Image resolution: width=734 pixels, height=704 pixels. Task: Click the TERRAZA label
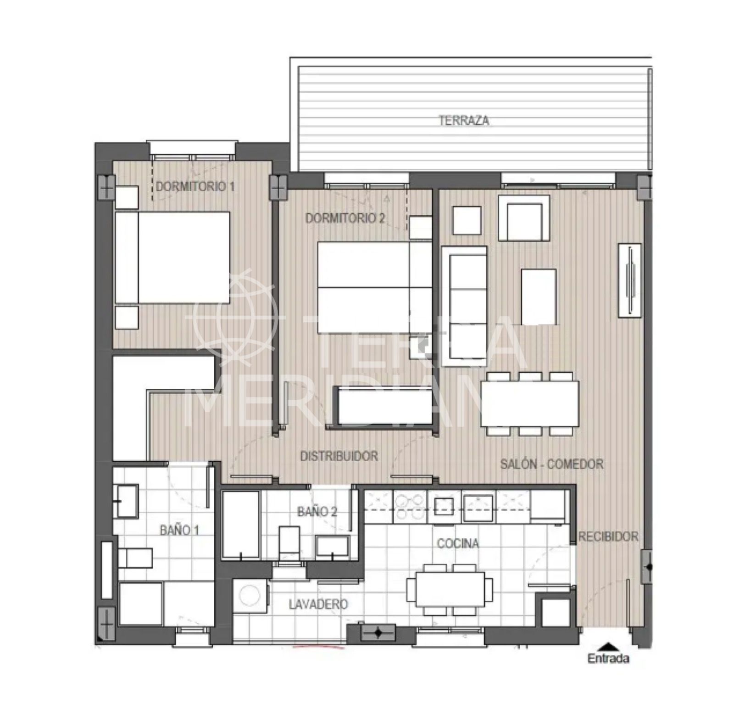[x=463, y=121]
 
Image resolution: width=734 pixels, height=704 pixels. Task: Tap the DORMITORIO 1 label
[x=195, y=186]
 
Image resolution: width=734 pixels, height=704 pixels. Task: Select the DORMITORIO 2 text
[x=345, y=218]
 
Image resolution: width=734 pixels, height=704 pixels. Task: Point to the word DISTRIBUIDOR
[x=339, y=456]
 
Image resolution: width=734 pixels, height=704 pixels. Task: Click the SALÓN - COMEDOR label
[x=551, y=464]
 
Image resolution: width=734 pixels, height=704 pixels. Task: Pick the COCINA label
[x=458, y=543]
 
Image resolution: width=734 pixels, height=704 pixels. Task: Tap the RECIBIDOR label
[x=608, y=536]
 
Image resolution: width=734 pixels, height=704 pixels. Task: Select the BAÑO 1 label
[x=179, y=530]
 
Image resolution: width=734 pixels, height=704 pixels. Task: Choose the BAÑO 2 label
[x=317, y=511]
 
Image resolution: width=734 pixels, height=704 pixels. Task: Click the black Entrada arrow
[x=608, y=647]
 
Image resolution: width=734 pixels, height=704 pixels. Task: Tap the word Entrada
[x=608, y=659]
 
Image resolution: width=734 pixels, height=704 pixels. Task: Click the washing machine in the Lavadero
[x=249, y=596]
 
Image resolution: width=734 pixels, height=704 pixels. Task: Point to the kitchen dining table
[x=450, y=589]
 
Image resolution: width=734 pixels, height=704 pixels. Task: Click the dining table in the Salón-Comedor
[x=530, y=403]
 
